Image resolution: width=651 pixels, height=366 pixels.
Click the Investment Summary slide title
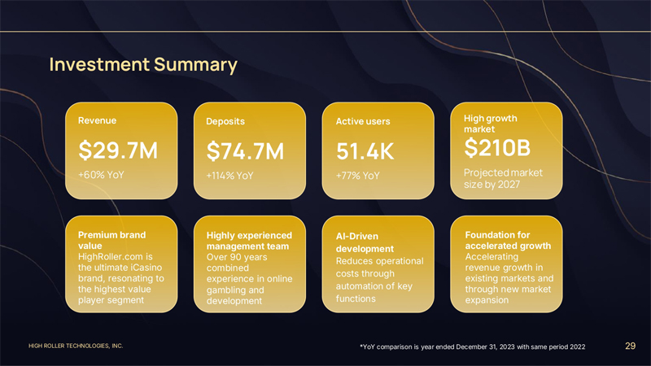tap(143, 64)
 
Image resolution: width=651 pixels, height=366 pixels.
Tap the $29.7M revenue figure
tap(118, 150)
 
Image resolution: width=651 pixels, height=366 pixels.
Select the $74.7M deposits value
tap(246, 151)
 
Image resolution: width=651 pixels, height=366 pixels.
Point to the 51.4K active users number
tap(365, 152)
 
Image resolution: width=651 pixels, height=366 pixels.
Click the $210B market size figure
tap(497, 148)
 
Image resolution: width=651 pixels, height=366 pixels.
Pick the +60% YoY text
tap(101, 175)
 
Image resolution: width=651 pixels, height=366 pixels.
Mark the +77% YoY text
tap(358, 176)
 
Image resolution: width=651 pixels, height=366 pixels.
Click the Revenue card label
tap(97, 120)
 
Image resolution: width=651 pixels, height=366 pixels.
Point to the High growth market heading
tap(490, 124)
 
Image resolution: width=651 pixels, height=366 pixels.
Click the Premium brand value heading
tap(111, 239)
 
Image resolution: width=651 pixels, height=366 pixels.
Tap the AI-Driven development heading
tap(365, 242)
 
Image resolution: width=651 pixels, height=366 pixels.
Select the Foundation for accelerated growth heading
tap(507, 240)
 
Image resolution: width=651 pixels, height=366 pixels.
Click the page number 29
tap(630, 346)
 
